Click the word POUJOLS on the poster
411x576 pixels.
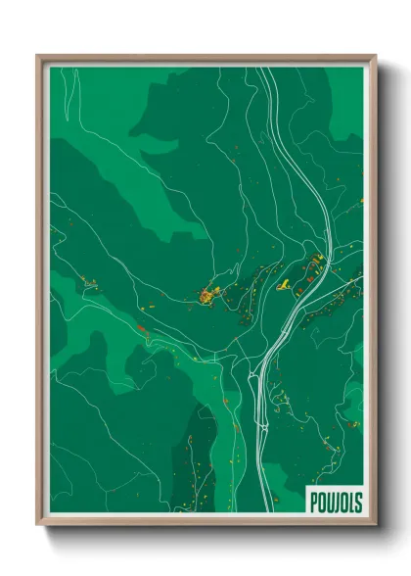point(336,503)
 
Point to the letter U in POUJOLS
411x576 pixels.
point(330,503)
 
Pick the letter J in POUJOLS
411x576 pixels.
point(337,503)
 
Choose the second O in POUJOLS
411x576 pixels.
point(343,503)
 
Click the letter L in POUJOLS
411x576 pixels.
point(351,503)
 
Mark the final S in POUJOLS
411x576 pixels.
point(358,503)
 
